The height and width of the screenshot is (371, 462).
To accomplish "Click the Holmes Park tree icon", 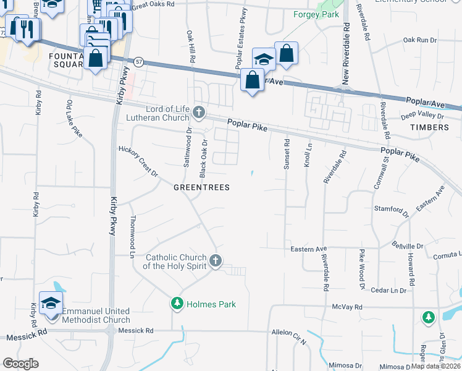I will point(177,304).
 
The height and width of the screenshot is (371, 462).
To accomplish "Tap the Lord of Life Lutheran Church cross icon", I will point(198,112).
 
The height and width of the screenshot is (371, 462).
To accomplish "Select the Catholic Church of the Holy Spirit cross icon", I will point(215,260).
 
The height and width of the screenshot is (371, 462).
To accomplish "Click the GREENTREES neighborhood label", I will point(201,187).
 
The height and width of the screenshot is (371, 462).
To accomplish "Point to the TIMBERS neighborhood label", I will point(429,127).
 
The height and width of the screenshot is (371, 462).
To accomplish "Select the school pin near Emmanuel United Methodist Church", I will point(51,303).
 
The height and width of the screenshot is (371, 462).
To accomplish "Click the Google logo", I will point(20,363).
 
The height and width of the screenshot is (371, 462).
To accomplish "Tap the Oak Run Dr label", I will point(419,40).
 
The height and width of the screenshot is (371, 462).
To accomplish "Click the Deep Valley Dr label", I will point(422,116).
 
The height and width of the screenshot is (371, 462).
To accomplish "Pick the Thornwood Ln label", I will point(132,236).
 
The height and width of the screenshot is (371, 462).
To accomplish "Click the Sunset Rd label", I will point(287,154).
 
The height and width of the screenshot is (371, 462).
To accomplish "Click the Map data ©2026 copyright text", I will point(435,366).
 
